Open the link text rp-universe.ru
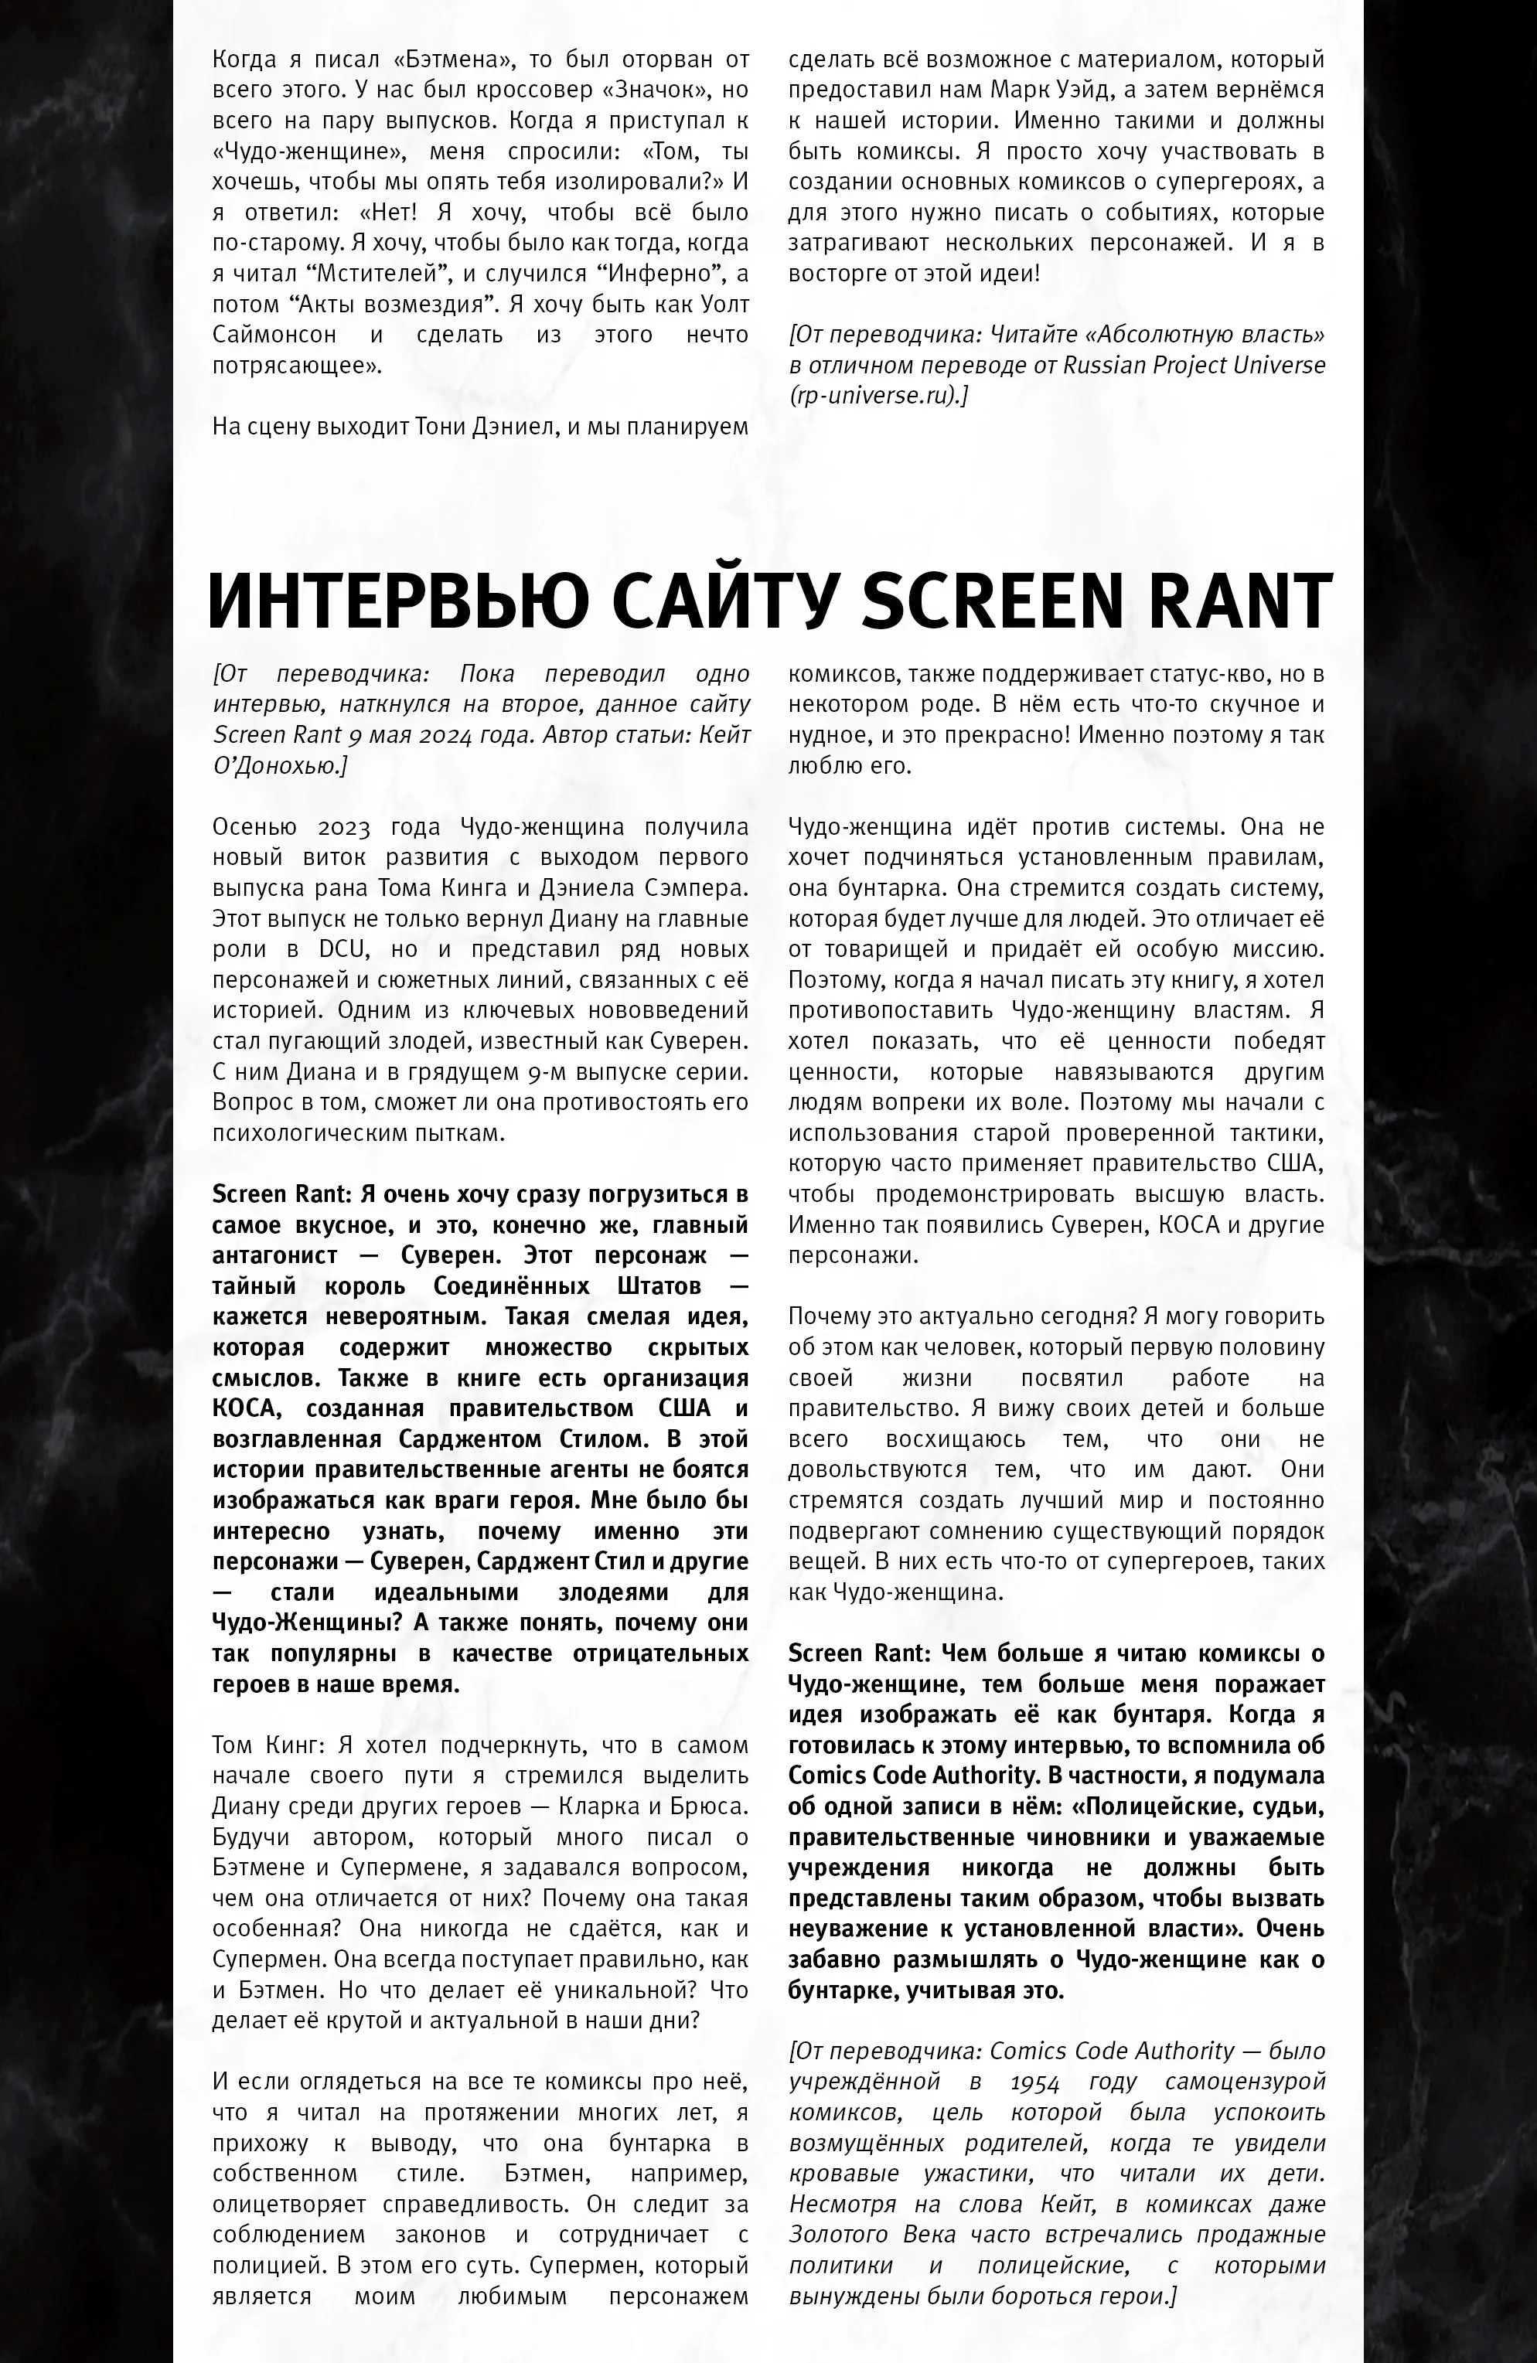[874, 396]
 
